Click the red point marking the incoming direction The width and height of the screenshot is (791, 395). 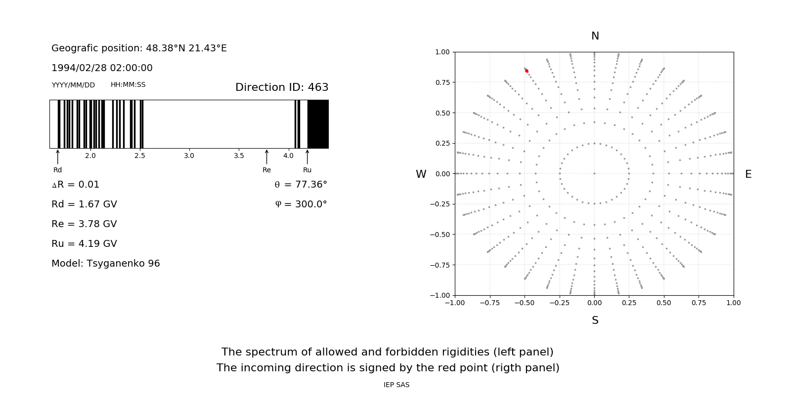527,71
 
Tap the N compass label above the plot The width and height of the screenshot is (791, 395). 595,36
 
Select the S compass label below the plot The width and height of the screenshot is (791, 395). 595,320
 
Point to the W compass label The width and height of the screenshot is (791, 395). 421,174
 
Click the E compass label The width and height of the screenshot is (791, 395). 748,174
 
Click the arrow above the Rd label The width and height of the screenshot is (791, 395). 58,157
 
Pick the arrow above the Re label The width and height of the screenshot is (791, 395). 267,157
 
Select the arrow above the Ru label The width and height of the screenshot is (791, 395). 308,157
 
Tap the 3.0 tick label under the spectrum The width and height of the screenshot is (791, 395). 189,156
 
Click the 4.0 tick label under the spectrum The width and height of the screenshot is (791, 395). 288,156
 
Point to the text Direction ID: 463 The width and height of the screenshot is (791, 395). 282,87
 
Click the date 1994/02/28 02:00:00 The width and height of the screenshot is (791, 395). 102,68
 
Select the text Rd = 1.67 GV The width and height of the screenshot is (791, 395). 84,204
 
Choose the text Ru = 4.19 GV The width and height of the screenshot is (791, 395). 84,244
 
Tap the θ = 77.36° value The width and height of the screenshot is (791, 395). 301,185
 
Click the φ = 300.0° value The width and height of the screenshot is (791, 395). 301,204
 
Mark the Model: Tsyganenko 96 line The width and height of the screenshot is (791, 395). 106,264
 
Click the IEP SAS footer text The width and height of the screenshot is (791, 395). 396,385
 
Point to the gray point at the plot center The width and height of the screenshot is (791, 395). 594,173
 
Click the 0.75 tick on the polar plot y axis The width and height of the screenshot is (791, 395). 442,82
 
